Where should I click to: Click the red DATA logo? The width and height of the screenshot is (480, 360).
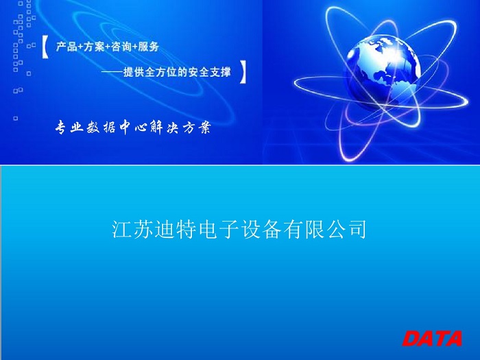click(x=432, y=338)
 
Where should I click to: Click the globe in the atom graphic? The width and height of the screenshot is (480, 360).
click(x=383, y=73)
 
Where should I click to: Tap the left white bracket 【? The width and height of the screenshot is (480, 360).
click(x=45, y=47)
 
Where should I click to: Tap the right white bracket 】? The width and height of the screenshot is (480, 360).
click(x=243, y=72)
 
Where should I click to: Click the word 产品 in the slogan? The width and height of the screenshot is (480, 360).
click(x=67, y=47)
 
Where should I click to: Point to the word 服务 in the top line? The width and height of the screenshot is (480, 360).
click(x=149, y=47)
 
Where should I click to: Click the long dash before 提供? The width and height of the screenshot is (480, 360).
click(x=112, y=72)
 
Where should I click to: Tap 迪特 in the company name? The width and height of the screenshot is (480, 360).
click(x=175, y=229)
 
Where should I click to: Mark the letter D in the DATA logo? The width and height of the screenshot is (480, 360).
click(x=411, y=338)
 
